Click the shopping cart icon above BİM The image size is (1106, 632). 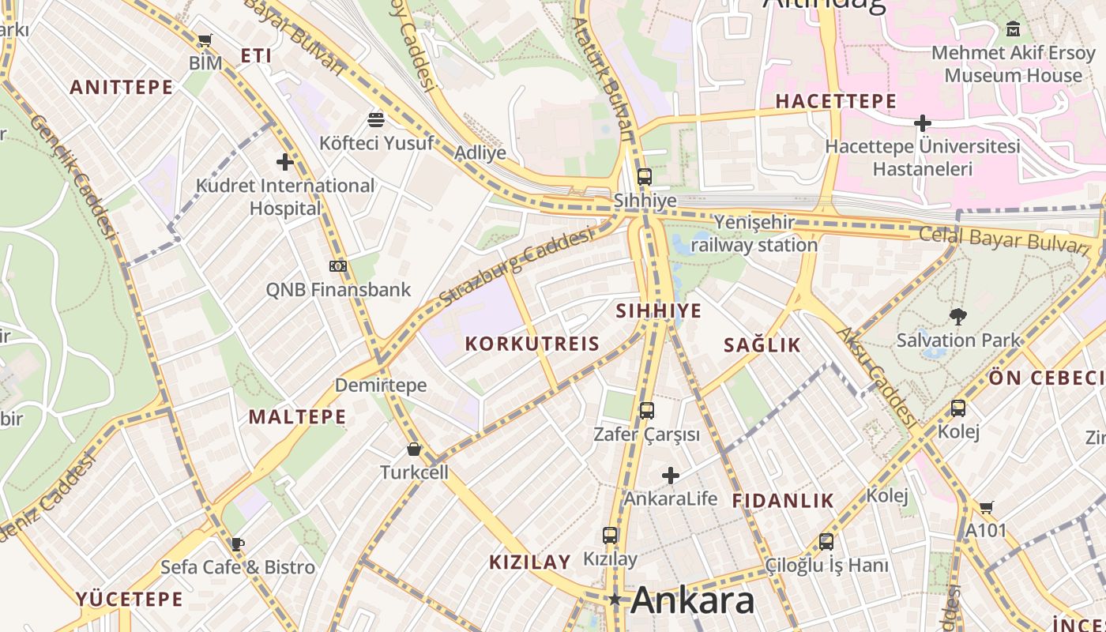click(205, 40)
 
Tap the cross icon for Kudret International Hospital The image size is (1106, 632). click(284, 163)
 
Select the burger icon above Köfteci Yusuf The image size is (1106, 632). click(376, 120)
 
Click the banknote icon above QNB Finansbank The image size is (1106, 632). click(338, 266)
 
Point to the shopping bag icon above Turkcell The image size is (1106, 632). click(413, 450)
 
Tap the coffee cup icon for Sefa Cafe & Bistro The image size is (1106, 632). click(237, 544)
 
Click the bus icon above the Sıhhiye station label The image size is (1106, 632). click(645, 177)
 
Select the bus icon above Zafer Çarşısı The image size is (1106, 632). click(646, 411)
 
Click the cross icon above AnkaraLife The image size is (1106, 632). click(671, 476)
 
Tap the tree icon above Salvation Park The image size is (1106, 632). click(958, 318)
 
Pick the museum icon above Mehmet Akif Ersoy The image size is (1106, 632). click(1013, 30)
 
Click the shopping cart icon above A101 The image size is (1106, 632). click(986, 507)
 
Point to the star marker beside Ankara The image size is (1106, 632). click(615, 600)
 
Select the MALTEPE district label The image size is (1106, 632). click(298, 417)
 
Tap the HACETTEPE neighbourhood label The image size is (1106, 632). click(836, 101)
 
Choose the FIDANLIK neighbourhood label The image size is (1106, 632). click(783, 500)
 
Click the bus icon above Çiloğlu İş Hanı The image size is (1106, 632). click(826, 542)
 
